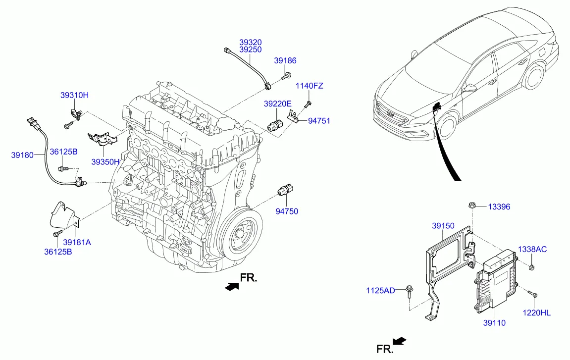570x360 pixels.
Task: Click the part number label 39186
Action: coord(285,60)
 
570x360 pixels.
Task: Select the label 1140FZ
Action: coord(309,86)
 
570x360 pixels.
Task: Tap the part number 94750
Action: coord(287,211)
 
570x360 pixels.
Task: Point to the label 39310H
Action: coord(75,95)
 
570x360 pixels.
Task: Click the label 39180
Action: coord(22,155)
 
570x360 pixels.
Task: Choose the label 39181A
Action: coord(77,242)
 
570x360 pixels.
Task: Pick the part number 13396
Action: coord(499,207)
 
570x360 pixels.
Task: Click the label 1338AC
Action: coord(532,249)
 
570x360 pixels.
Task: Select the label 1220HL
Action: coord(537,312)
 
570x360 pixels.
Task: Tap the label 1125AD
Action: coord(380,290)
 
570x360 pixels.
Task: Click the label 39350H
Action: coord(105,161)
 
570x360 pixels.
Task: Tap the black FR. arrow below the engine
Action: coord(230,287)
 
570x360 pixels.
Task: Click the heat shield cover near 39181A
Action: coord(62,216)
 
